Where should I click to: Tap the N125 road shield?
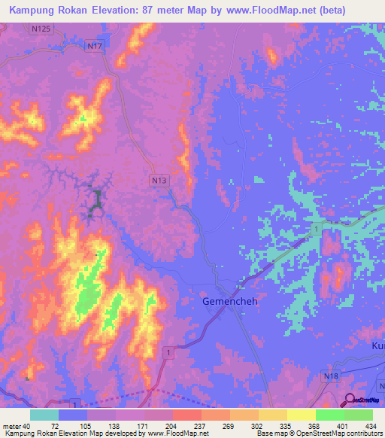click(42, 29)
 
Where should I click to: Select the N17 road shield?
click(95, 46)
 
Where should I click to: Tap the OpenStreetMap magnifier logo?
click(350, 400)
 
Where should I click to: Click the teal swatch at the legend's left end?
click(44, 415)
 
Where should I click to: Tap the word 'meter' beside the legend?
click(11, 425)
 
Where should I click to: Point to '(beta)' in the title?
click(360, 11)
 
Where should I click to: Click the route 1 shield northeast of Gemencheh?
click(318, 228)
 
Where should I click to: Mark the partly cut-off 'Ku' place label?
click(377, 344)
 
